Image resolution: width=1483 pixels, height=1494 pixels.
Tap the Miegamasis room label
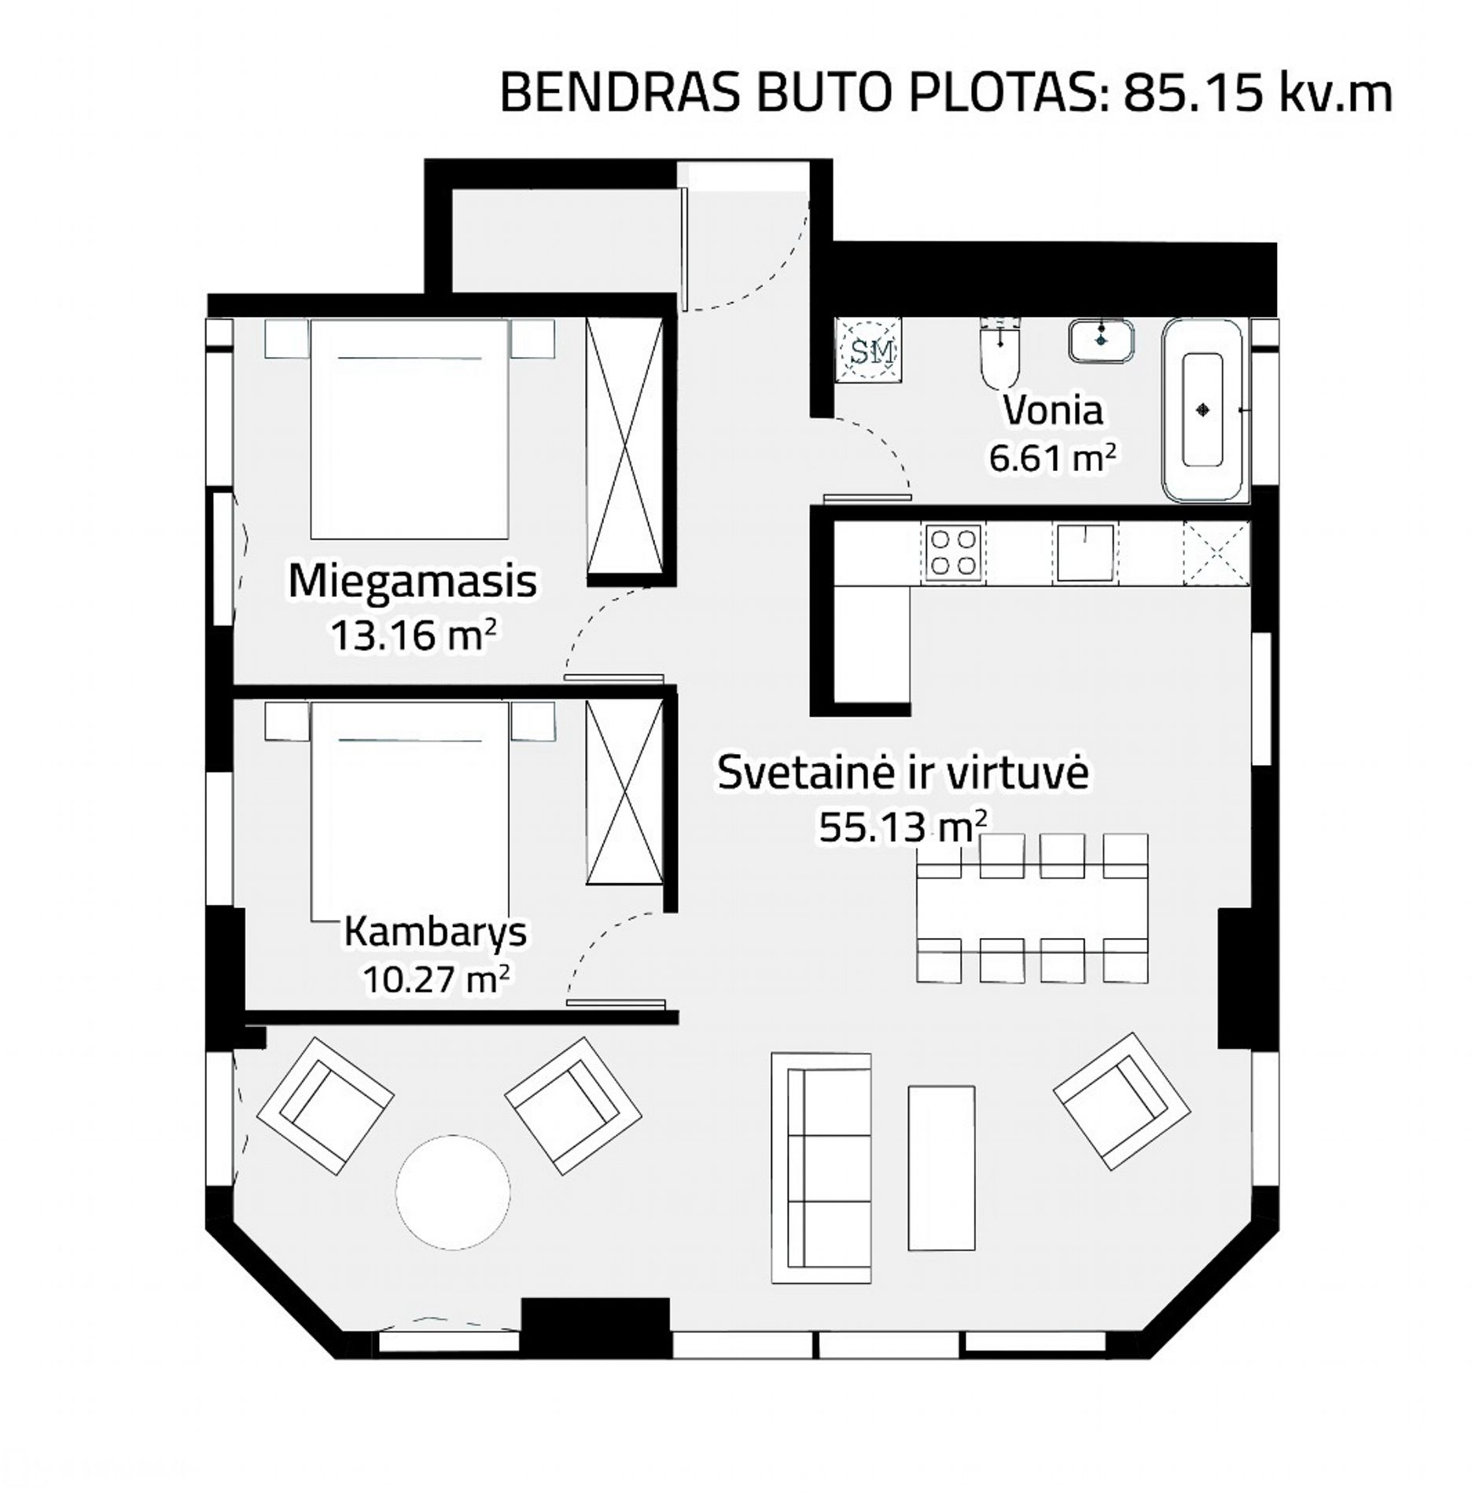412,582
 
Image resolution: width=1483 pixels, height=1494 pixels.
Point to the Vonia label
1053,410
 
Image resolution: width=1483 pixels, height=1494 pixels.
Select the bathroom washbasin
1101,340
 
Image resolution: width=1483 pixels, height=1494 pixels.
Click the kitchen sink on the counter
1084,552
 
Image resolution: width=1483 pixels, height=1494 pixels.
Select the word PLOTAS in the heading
1006,94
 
